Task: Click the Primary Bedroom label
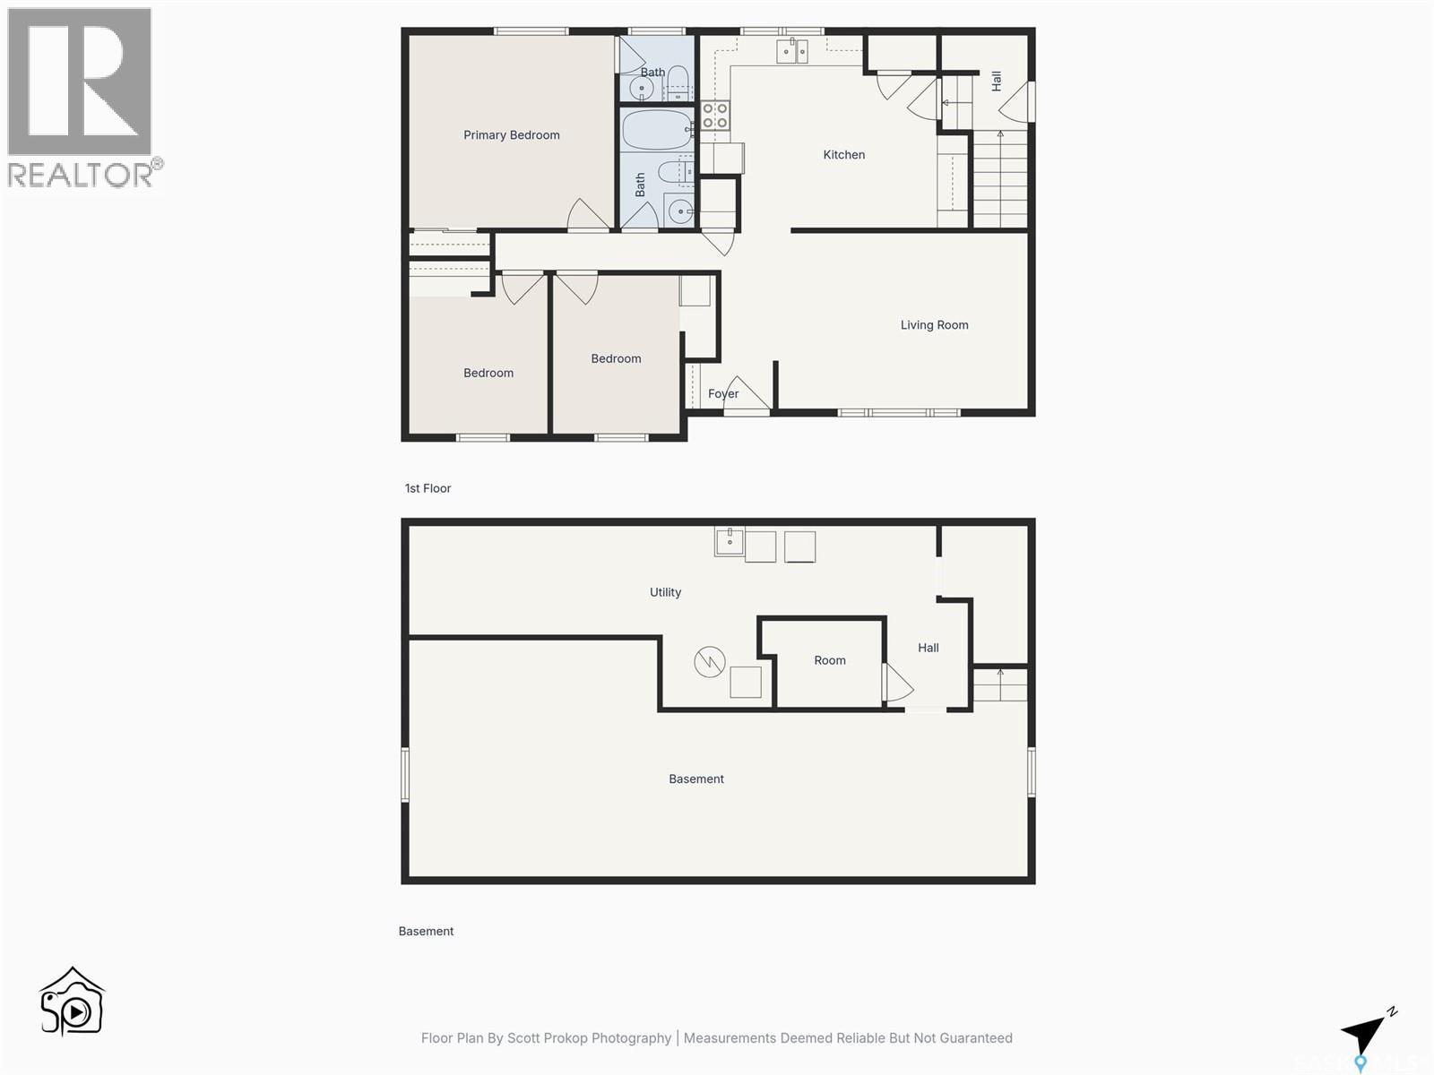click(x=511, y=135)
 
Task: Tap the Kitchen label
click(x=843, y=155)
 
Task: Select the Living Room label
click(x=934, y=325)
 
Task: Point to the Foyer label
click(x=722, y=394)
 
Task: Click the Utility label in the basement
click(x=665, y=592)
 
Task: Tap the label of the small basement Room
click(x=829, y=660)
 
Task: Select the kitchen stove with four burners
click(x=714, y=116)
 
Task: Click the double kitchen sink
click(x=791, y=51)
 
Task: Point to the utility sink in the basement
click(x=730, y=541)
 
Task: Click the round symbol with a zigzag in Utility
click(x=709, y=663)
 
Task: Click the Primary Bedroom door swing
click(x=587, y=214)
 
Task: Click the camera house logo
click(x=73, y=1002)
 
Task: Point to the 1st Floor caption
click(x=428, y=488)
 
